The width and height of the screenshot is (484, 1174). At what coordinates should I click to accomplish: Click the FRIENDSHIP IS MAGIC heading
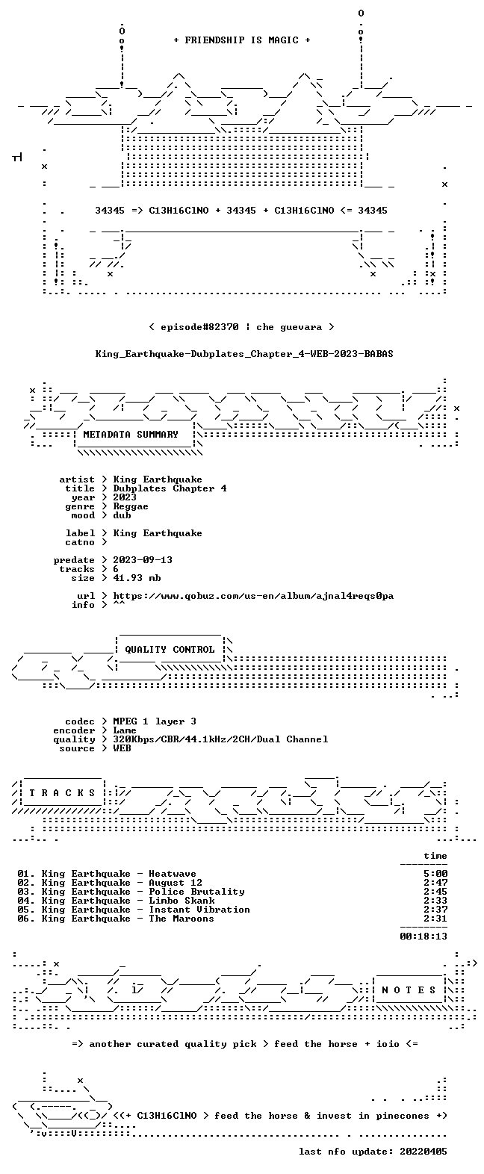pyautogui.click(x=242, y=40)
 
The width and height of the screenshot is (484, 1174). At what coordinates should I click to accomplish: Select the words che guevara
pyautogui.click(x=289, y=327)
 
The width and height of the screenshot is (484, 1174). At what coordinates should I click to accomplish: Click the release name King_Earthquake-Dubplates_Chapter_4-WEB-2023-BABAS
pyautogui.click(x=244, y=354)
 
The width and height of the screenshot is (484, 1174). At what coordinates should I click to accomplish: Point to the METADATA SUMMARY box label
pyautogui.click(x=131, y=435)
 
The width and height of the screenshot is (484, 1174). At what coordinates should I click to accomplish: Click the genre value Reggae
pyautogui.click(x=131, y=507)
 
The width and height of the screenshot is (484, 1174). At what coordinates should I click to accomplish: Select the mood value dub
pyautogui.click(x=122, y=516)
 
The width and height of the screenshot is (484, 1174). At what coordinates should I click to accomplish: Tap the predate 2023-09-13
pyautogui.click(x=143, y=560)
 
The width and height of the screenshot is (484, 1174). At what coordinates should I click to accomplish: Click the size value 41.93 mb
pyautogui.click(x=137, y=578)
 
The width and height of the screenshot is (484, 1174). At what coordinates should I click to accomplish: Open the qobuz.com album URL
pyautogui.click(x=253, y=596)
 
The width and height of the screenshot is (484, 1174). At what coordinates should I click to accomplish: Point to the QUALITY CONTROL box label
pyautogui.click(x=170, y=650)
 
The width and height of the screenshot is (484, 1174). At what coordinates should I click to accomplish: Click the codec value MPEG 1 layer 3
pyautogui.click(x=155, y=721)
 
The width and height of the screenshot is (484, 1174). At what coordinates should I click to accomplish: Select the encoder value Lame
pyautogui.click(x=125, y=730)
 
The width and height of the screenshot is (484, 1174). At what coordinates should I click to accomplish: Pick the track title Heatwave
pyautogui.click(x=173, y=874)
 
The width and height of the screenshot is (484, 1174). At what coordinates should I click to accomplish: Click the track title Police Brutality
pyautogui.click(x=196, y=892)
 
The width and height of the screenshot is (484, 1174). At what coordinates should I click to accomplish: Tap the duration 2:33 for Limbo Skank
pyautogui.click(x=435, y=901)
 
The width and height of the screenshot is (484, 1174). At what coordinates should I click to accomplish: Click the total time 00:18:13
pyautogui.click(x=423, y=937)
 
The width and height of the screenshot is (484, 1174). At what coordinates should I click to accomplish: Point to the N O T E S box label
pyautogui.click(x=409, y=990)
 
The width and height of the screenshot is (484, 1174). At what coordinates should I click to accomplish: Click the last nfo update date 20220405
pyautogui.click(x=423, y=1152)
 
